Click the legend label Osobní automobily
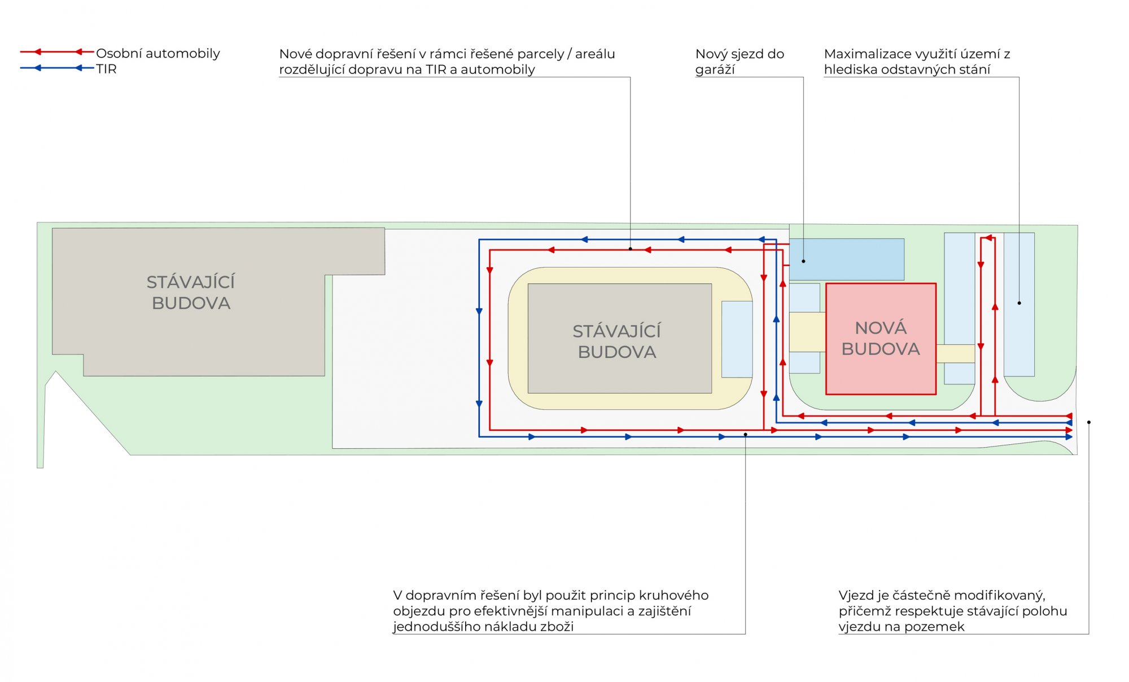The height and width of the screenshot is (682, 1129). [158, 53]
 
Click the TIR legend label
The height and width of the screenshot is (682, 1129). [106, 69]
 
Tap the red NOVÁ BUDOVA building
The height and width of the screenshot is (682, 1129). [881, 339]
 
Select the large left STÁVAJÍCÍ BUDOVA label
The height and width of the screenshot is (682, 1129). [191, 292]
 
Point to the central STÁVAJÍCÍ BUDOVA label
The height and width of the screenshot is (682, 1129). [617, 341]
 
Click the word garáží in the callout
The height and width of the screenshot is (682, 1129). [715, 69]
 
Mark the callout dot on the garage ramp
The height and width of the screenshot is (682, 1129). [803, 261]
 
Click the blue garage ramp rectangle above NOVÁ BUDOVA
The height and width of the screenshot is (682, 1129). [847, 259]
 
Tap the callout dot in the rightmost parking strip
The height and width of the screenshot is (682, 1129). [1019, 303]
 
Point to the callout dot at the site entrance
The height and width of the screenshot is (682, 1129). [1089, 422]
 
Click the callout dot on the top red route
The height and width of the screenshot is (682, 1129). [631, 248]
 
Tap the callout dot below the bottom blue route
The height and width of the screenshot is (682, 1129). [746, 434]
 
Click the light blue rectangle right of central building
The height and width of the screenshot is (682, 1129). [737, 339]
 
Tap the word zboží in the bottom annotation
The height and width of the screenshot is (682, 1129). [557, 626]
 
